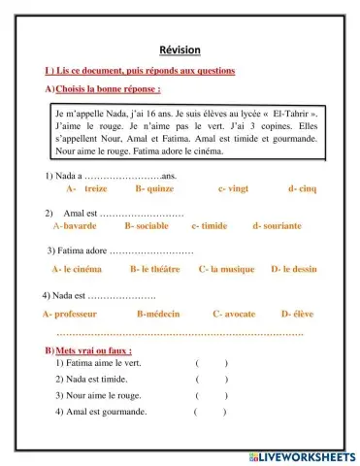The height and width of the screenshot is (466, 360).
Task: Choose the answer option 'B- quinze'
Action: tap(154, 189)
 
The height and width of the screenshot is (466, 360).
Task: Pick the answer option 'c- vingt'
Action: tap(234, 189)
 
